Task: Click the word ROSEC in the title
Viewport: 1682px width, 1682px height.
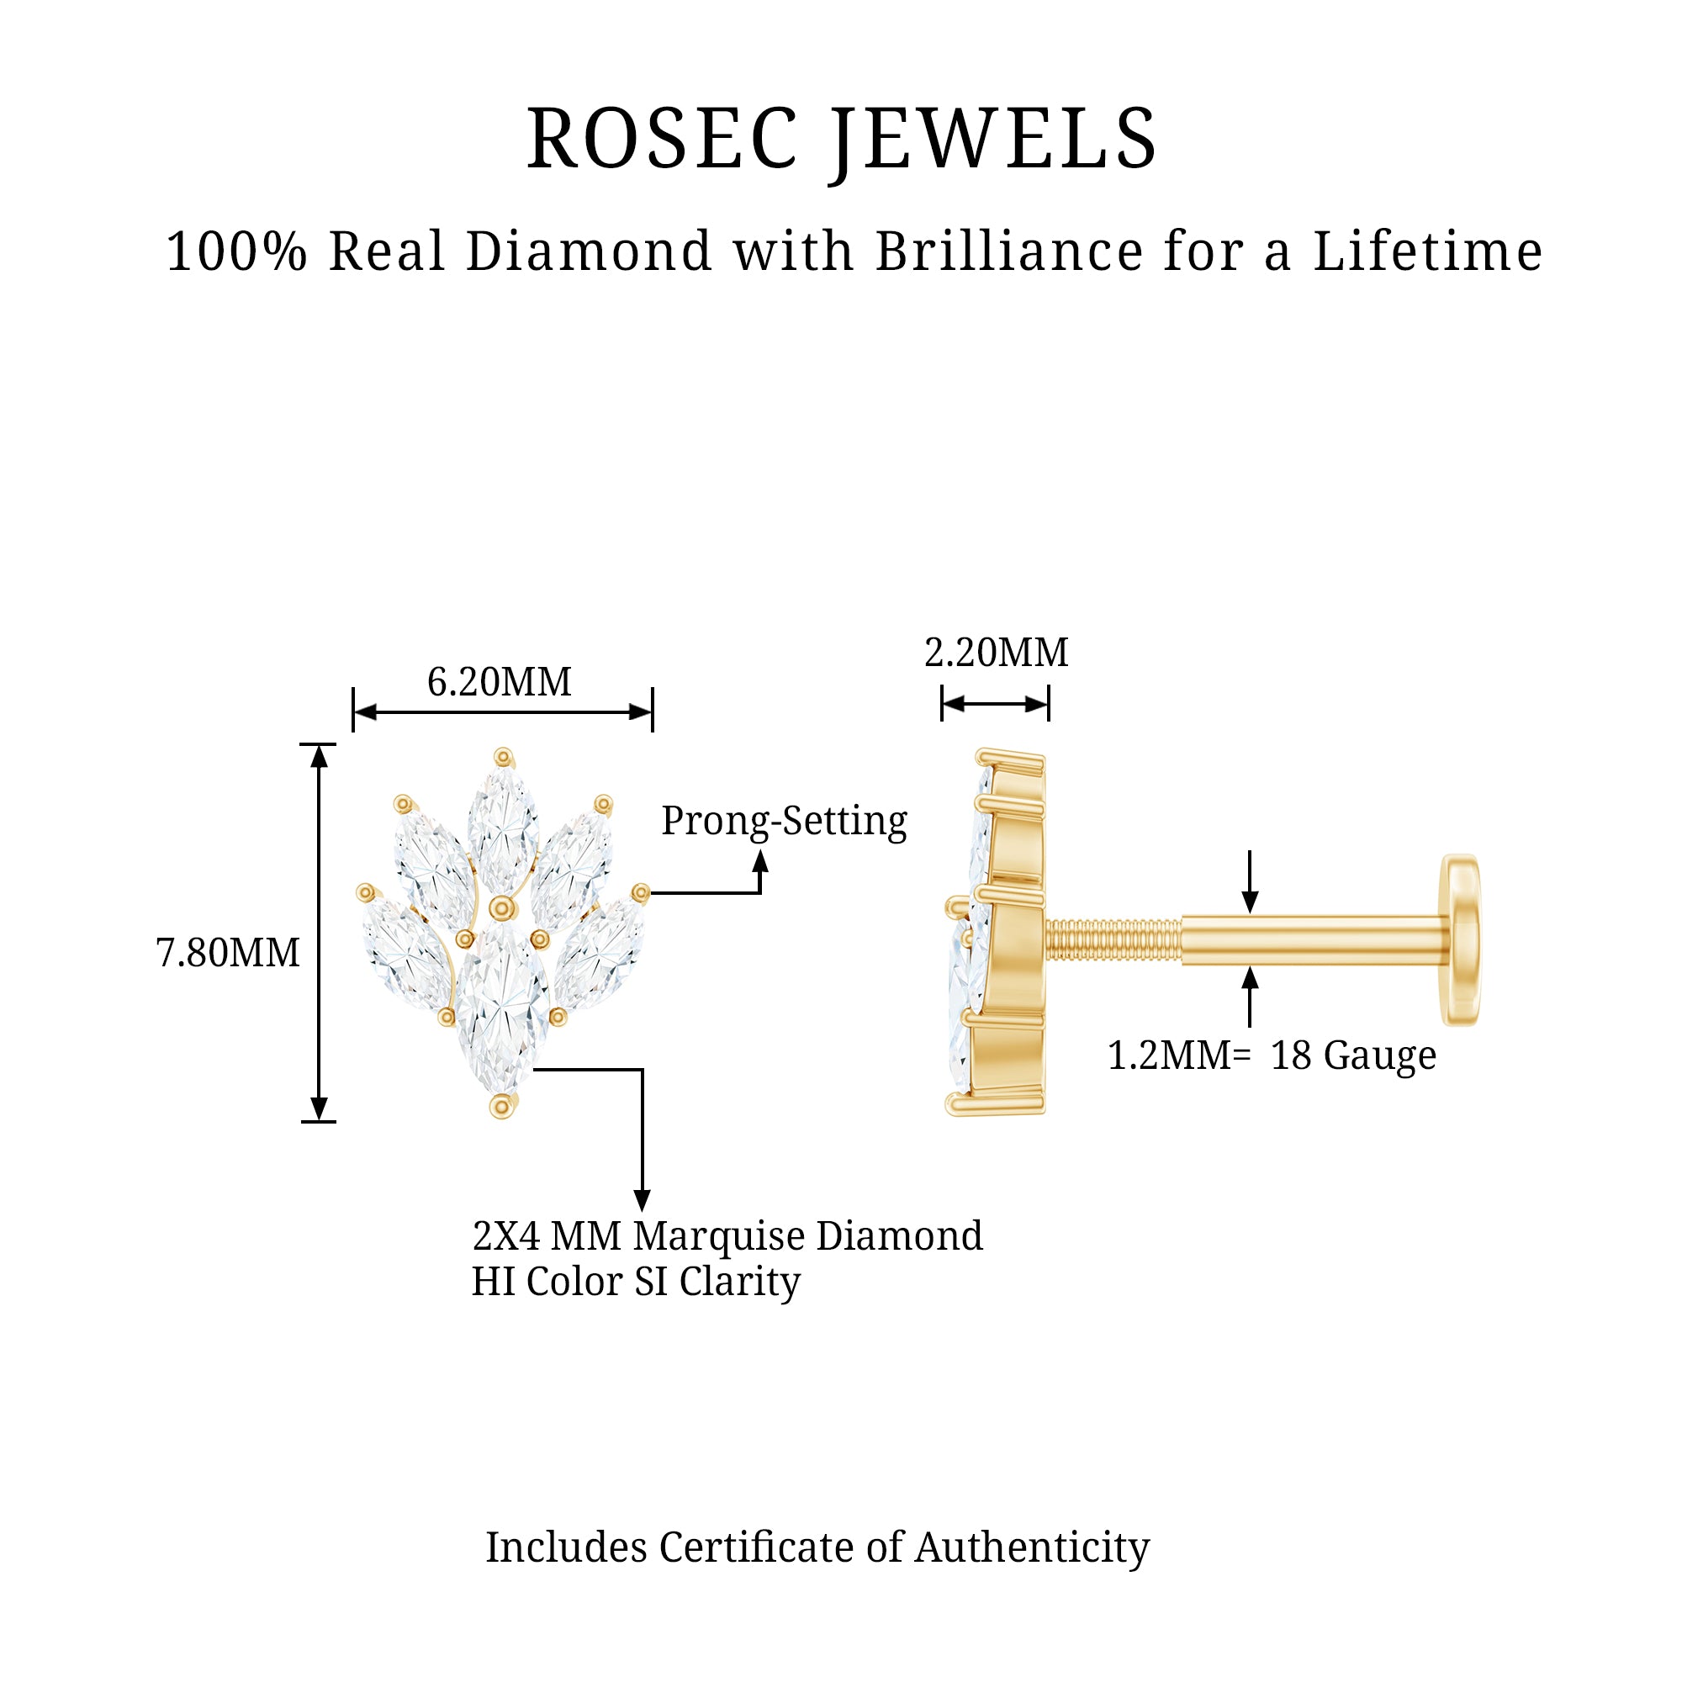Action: coord(662,140)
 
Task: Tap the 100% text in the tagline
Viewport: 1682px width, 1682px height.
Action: coord(237,251)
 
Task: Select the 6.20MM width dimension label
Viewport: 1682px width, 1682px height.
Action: coord(499,682)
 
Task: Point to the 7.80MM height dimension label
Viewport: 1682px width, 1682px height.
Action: coord(228,953)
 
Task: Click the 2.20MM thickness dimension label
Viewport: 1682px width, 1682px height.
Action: coord(996,653)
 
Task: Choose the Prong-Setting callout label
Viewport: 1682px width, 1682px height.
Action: coord(784,821)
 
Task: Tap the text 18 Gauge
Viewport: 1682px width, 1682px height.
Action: coord(1353,1056)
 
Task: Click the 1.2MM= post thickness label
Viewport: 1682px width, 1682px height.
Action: coord(1179,1056)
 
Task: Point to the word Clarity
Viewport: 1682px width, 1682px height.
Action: coord(739,1283)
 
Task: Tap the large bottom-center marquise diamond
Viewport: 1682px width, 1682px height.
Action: coord(502,1010)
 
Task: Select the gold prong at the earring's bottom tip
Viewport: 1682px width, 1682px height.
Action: coord(501,1107)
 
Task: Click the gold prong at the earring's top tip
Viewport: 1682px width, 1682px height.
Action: coord(503,758)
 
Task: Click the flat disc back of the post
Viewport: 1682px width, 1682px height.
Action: coord(1461,940)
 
